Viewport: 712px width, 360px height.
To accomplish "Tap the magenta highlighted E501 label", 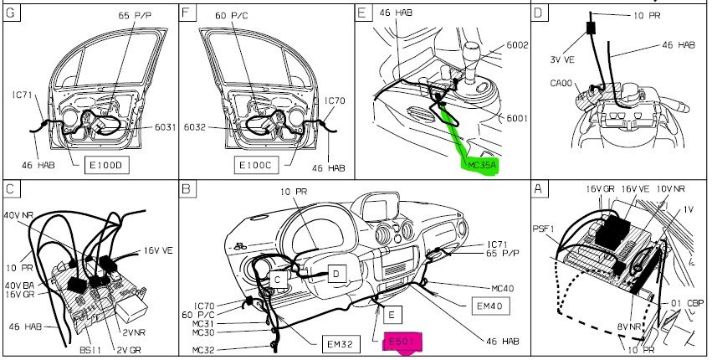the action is (x=402, y=342).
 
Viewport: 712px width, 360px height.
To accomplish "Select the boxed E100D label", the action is (x=107, y=165).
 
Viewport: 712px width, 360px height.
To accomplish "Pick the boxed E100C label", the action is (x=256, y=165).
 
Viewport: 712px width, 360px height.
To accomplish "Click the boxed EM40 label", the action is (x=490, y=306).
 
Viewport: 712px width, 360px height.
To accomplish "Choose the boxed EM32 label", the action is (x=341, y=344).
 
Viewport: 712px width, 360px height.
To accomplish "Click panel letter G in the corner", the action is (x=12, y=13).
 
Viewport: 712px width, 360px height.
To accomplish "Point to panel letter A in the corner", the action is (x=539, y=188).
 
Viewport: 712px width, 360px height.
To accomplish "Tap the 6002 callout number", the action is (x=517, y=45).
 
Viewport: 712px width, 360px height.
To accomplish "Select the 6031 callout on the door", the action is (x=166, y=127).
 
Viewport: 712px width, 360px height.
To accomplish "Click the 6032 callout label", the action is (x=195, y=127).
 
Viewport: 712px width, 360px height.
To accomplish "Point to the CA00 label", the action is (x=561, y=84).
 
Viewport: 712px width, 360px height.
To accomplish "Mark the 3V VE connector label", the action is (x=563, y=59).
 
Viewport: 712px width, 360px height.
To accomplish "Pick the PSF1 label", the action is (x=544, y=229).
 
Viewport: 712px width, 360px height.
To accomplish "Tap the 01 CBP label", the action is (x=688, y=303).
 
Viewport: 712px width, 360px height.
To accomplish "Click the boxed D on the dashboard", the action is (x=336, y=274).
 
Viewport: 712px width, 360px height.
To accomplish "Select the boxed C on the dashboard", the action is (x=278, y=280).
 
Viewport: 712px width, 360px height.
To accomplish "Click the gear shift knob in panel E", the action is (x=472, y=49).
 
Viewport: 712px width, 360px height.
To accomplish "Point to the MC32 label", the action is (x=203, y=350).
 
